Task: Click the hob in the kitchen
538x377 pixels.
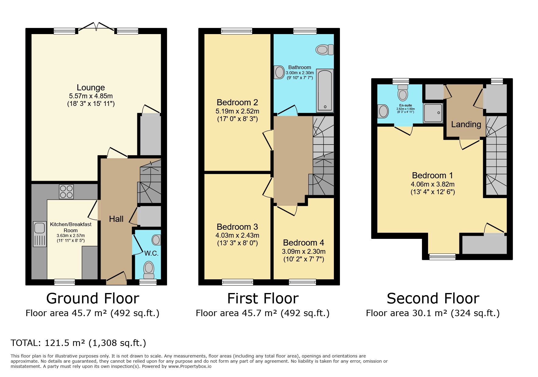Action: (x=67, y=192)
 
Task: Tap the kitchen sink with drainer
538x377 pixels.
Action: (x=40, y=233)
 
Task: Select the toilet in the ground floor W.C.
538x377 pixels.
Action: (x=149, y=270)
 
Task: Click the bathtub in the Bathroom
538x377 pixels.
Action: (x=325, y=90)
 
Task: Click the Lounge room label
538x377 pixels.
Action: (x=91, y=88)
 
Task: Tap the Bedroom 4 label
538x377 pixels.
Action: (x=303, y=243)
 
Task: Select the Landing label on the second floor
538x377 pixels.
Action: (x=466, y=124)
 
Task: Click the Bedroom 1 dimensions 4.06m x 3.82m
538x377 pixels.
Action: (x=432, y=184)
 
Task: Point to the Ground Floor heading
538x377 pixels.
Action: (x=93, y=298)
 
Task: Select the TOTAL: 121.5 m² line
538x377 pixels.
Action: (x=78, y=343)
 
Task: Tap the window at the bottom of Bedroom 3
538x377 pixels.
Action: (x=238, y=282)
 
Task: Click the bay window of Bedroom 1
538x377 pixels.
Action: (x=442, y=257)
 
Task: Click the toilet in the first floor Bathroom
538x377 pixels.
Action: (x=324, y=50)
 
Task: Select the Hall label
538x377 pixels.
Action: (x=116, y=219)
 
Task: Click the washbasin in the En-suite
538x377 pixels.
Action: (x=383, y=111)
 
